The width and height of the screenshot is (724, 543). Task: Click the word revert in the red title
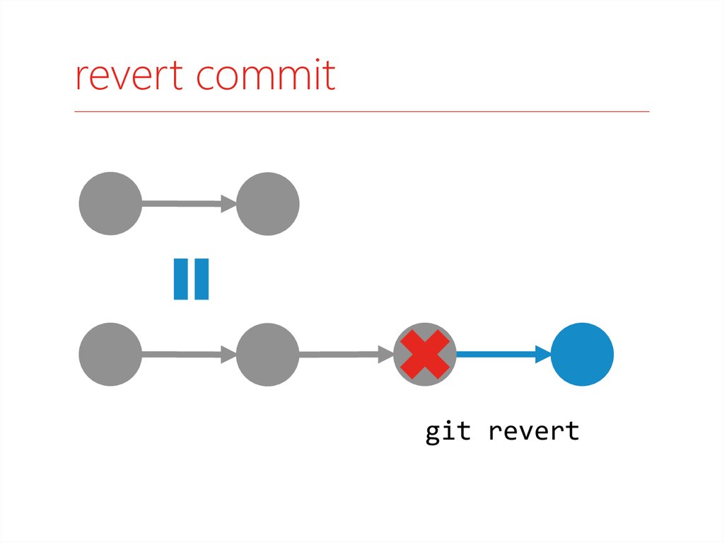[x=129, y=75]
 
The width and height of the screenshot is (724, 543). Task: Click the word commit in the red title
[x=266, y=74]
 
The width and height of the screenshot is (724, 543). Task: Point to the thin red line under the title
[x=362, y=111]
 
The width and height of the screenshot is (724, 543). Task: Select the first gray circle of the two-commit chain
[x=110, y=203]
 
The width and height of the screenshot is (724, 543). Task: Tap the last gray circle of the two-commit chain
[x=268, y=203]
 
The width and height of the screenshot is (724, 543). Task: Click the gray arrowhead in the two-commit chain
[x=229, y=203]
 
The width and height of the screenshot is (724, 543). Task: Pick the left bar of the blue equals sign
[x=180, y=279]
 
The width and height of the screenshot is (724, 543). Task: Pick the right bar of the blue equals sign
[x=202, y=279]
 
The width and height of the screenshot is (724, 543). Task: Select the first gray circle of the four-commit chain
[x=110, y=354]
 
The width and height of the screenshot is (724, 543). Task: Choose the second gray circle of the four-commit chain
[x=268, y=354]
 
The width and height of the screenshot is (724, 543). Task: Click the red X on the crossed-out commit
[x=425, y=354]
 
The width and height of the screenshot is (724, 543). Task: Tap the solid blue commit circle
[x=583, y=354]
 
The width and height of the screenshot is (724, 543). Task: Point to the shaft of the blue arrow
[x=496, y=354]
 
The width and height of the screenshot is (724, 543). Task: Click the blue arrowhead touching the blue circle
[x=544, y=354]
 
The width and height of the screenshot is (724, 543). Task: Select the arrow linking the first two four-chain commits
[x=189, y=354]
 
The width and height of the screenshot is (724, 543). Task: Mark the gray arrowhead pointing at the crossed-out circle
[x=386, y=354]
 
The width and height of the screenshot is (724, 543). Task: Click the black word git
[x=448, y=432]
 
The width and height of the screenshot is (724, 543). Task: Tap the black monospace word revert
[x=534, y=431]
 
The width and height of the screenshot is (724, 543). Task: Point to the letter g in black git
[x=432, y=435]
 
